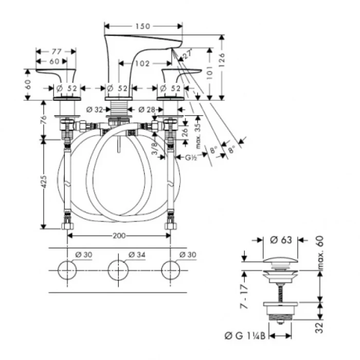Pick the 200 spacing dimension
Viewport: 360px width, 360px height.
[x=119, y=236]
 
